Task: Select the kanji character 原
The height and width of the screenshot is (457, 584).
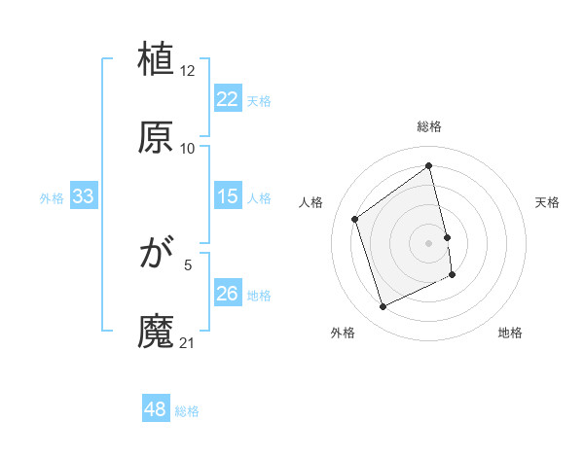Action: tap(156, 138)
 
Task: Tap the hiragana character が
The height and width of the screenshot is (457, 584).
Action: tap(156, 254)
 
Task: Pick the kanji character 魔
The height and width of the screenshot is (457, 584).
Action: tap(156, 332)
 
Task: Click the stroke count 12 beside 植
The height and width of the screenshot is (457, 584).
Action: tap(188, 71)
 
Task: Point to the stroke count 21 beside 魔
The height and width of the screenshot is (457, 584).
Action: tap(188, 342)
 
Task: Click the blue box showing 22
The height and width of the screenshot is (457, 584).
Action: tap(228, 99)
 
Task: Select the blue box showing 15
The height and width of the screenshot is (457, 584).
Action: tap(228, 196)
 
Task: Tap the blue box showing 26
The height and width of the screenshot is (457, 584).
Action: tap(228, 294)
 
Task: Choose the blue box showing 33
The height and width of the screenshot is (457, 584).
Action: tap(84, 196)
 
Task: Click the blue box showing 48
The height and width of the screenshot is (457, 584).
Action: tap(156, 409)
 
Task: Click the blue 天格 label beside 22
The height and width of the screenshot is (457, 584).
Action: tap(259, 100)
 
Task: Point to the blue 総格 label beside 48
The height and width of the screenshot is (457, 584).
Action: tap(187, 410)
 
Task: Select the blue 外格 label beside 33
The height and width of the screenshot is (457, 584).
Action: tap(52, 197)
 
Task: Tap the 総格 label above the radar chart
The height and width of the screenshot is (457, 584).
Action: tap(429, 126)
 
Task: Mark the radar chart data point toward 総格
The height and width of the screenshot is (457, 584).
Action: tap(429, 166)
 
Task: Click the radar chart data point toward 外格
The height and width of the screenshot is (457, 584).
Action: tap(383, 307)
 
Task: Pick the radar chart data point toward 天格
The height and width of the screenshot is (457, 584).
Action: tap(447, 236)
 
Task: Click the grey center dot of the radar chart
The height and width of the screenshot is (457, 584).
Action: tap(429, 243)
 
